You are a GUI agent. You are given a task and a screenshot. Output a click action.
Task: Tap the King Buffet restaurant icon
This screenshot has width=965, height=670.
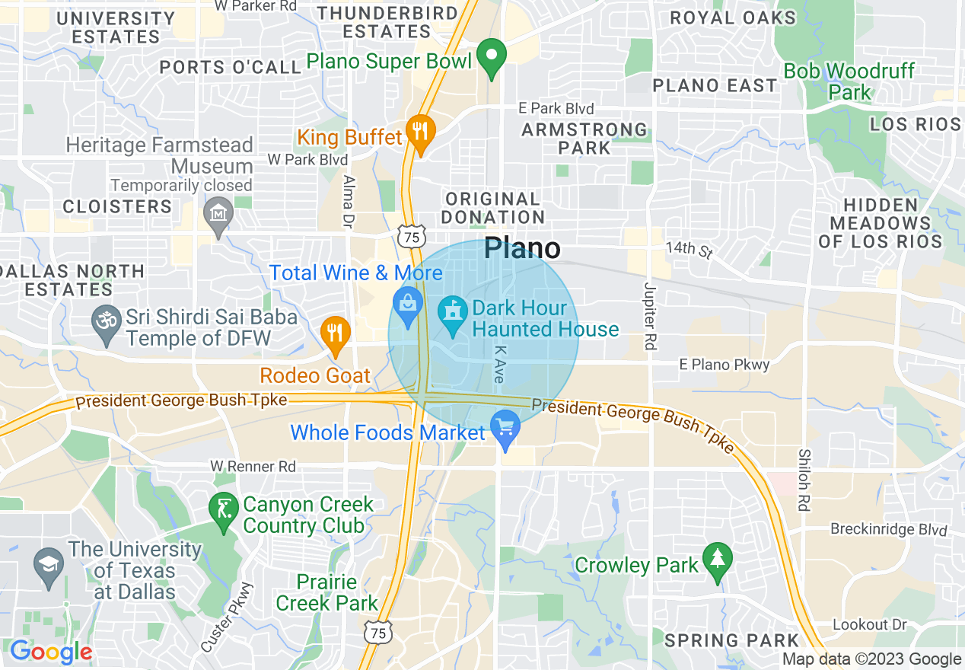click(419, 131)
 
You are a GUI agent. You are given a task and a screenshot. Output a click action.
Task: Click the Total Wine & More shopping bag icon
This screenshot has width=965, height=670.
click(408, 305)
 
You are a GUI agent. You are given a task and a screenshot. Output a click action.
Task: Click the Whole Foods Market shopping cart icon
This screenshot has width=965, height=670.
click(504, 427)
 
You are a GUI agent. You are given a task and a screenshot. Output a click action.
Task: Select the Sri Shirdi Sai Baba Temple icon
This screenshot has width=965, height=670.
click(106, 319)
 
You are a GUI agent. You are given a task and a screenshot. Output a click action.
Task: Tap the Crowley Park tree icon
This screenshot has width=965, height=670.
click(717, 560)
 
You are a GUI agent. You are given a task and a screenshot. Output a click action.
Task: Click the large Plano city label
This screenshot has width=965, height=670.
click(522, 248)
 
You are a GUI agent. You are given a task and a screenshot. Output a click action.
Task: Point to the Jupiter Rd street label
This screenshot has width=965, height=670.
click(649, 316)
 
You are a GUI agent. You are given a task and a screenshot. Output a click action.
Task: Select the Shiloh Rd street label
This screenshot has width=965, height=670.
click(804, 480)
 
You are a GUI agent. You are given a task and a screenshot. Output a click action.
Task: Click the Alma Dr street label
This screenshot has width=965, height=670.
click(349, 202)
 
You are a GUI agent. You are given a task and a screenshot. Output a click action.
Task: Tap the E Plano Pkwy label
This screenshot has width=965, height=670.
click(725, 365)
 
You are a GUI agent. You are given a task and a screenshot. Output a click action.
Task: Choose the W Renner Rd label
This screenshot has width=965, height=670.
click(253, 466)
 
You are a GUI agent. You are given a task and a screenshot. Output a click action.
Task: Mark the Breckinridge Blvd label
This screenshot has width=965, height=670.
click(889, 530)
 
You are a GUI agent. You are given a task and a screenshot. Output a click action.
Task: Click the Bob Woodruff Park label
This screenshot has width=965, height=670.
click(849, 82)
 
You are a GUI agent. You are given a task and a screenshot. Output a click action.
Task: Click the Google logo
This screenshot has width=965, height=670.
click(51, 652)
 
